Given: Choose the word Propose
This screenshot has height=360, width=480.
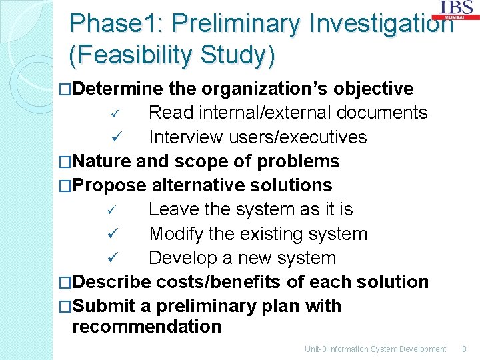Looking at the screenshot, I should pos(109,185).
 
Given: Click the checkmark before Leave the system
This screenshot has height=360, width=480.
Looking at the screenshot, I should pos(114,210).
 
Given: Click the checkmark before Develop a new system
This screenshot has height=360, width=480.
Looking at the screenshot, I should pos(114,258).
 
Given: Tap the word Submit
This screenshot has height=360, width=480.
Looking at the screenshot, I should pos(104,306).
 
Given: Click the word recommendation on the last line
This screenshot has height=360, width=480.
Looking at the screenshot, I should pos(147,327).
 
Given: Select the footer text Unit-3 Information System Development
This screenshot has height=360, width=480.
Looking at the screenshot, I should pos(375,349).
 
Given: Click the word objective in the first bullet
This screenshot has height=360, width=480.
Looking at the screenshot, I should pos(373,89).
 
